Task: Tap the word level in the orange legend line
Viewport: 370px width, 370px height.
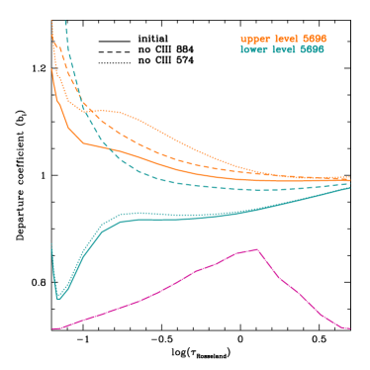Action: click(x=285, y=39)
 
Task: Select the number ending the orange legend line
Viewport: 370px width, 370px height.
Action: click(x=314, y=39)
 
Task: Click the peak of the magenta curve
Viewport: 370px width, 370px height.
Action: click(x=257, y=249)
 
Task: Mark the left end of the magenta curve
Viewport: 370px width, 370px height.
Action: click(x=52, y=328)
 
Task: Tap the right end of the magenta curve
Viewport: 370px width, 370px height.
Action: click(x=349, y=328)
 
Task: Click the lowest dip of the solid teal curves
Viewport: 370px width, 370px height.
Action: click(x=58, y=297)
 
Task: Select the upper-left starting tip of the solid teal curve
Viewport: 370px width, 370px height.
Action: click(x=51, y=243)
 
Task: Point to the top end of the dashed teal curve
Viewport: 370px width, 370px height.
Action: click(x=65, y=21)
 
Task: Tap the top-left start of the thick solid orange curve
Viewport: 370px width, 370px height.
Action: click(x=51, y=69)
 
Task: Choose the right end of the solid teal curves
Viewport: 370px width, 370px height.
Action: click(x=349, y=187)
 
